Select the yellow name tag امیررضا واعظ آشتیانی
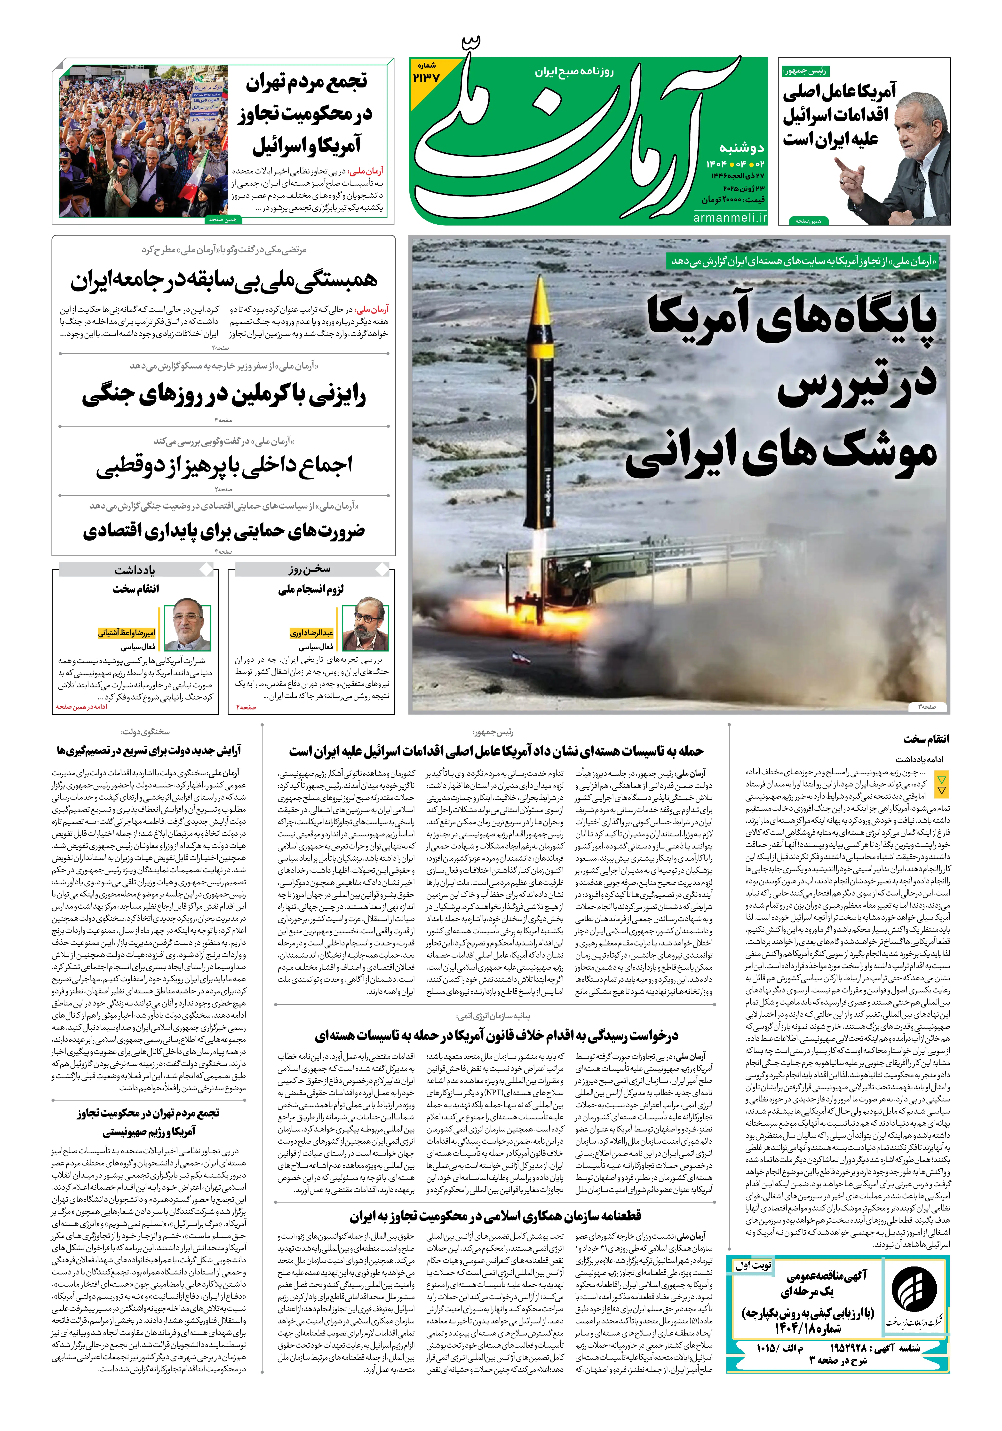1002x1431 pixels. tap(127, 633)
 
